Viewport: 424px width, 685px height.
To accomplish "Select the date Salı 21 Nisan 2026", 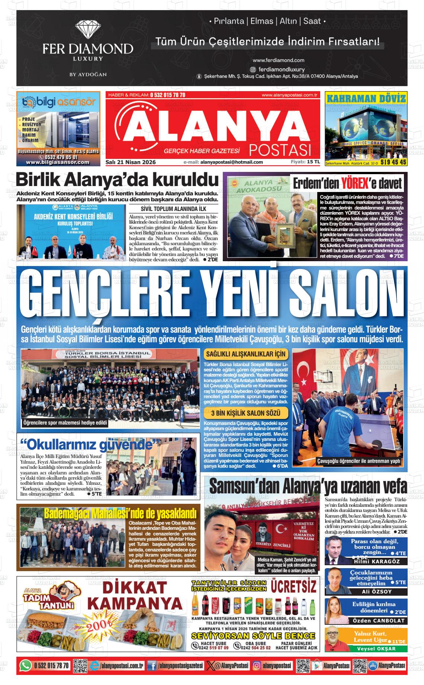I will (131, 162).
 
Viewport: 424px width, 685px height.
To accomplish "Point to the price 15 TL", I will (313, 162).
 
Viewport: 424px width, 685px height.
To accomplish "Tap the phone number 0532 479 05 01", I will (58, 157).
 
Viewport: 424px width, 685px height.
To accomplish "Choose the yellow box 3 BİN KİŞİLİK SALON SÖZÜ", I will (246, 413).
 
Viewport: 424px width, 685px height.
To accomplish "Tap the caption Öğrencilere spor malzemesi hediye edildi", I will (65, 423).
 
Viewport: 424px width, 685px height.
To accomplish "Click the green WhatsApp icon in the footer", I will (25, 666).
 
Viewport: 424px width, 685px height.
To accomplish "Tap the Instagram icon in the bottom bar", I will (257, 666).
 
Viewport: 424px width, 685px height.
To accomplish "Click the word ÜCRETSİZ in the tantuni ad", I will (294, 587).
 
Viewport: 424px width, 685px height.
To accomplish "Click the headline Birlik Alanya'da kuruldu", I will (117, 180).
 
